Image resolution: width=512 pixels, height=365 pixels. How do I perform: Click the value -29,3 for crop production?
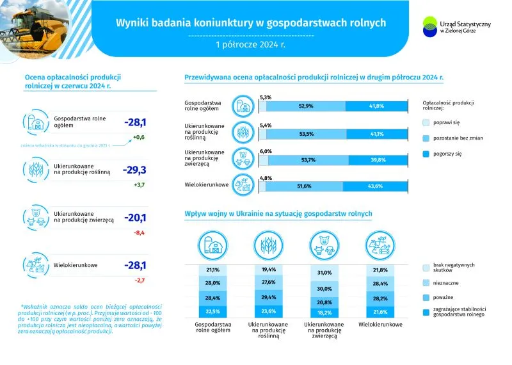(x=135, y=170)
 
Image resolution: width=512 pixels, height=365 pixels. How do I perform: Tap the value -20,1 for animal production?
(x=135, y=217)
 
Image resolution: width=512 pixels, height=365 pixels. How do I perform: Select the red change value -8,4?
(x=139, y=234)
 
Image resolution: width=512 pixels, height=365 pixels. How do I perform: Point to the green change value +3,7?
(x=139, y=186)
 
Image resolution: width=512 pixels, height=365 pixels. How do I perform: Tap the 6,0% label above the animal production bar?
(x=266, y=151)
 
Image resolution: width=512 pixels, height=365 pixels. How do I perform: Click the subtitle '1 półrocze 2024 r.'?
(x=251, y=45)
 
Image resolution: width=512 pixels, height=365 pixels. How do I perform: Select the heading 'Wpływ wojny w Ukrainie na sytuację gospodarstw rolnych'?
(x=278, y=213)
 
